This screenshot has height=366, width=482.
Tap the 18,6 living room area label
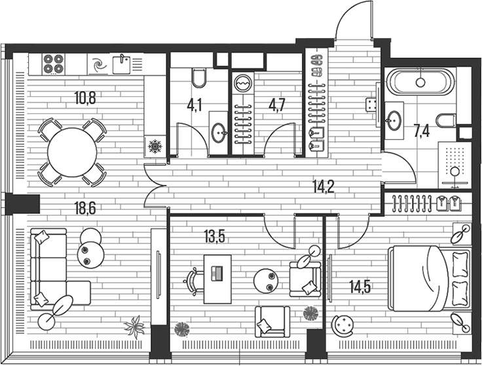[85, 208]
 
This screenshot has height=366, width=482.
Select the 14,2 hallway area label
[324, 186]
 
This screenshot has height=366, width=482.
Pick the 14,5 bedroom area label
[360, 287]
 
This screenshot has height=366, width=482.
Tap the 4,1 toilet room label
[195, 106]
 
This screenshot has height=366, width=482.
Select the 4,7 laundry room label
[277, 106]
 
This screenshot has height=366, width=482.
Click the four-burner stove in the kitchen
[54, 64]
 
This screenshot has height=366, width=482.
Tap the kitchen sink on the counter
[122, 64]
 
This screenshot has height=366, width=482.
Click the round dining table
[72, 152]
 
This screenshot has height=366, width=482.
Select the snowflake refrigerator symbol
[155, 146]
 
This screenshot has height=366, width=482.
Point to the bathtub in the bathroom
[420, 81]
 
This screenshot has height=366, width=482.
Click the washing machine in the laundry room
[243, 83]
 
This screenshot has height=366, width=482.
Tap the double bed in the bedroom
[430, 278]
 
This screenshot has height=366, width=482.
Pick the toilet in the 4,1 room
[199, 77]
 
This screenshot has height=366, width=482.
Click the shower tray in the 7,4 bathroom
[454, 165]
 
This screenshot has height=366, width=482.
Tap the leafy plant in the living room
[134, 327]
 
